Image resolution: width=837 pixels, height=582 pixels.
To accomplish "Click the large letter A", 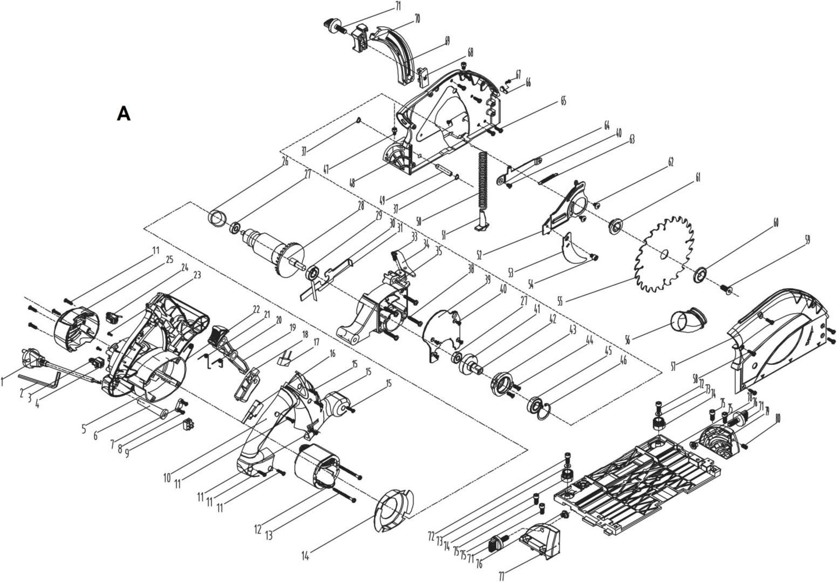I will (123, 113).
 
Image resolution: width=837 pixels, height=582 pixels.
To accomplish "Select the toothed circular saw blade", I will (665, 253).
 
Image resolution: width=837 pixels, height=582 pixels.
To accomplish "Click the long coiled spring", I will (482, 180).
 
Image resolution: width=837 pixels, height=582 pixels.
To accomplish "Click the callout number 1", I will (3, 382).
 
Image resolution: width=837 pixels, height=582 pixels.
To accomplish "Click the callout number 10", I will (167, 478).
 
